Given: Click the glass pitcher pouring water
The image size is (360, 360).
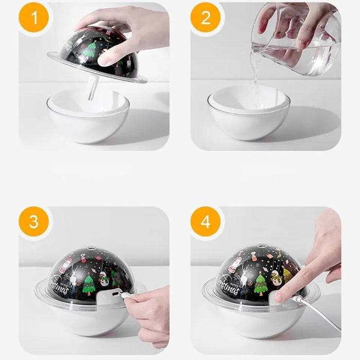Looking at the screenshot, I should coord(296,41).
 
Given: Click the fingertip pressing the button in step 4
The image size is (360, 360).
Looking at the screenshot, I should coord(281,296).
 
